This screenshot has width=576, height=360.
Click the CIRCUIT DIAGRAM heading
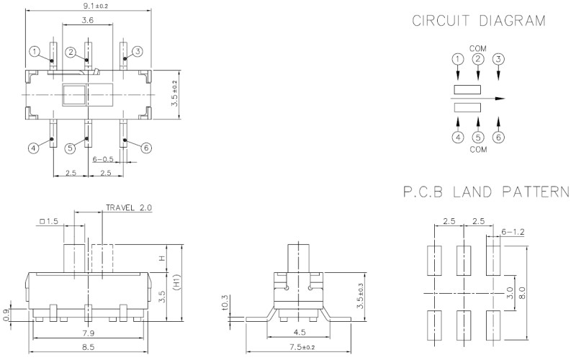478,21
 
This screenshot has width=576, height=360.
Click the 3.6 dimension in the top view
86,21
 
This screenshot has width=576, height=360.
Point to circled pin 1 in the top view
35,52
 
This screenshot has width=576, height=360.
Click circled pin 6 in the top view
146,148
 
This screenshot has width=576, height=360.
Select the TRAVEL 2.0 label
130,207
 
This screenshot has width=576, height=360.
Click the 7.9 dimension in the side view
88,333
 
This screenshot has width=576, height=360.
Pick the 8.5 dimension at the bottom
88,347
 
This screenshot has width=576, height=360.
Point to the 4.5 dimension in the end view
297,333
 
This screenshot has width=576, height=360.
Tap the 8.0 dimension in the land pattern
531,293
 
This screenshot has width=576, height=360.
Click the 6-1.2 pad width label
513,231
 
